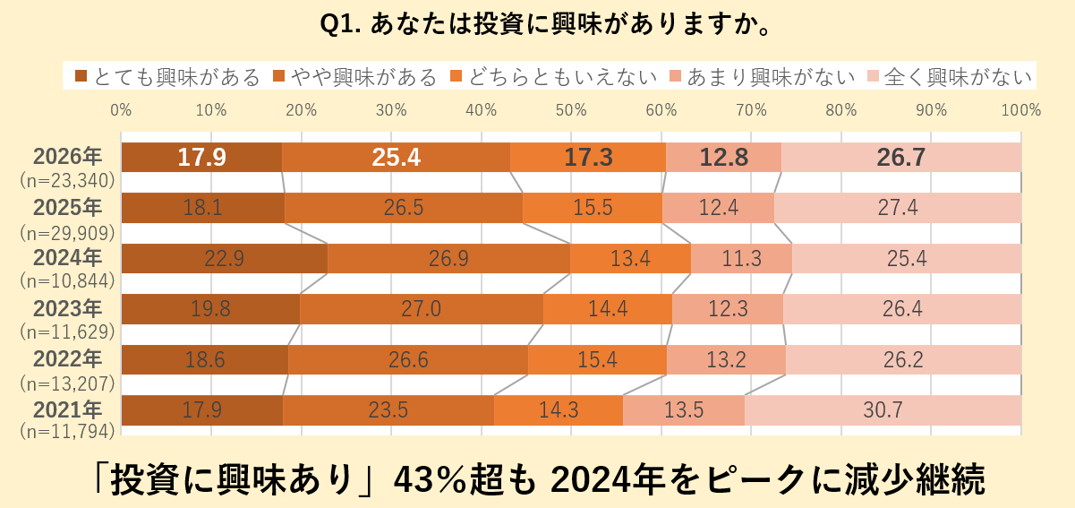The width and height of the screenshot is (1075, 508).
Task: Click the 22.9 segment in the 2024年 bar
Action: [x=224, y=259]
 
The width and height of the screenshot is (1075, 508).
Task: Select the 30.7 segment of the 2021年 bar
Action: [x=883, y=410]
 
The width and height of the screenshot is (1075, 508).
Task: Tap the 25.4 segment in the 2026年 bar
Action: [x=396, y=158]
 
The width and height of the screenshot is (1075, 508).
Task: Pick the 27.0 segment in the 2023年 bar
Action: [x=421, y=309]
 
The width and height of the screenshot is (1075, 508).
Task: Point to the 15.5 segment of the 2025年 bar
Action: [x=593, y=208]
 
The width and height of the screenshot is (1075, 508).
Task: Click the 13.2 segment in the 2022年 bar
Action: [x=726, y=360]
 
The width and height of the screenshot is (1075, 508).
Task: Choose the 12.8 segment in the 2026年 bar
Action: [x=723, y=158]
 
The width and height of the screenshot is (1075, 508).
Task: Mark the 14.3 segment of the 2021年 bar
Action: [x=558, y=410]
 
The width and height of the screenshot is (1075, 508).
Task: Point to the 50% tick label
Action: [x=571, y=111]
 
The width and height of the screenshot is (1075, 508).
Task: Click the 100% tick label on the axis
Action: [x=1021, y=111]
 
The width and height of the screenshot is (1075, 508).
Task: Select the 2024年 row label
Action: [x=67, y=258]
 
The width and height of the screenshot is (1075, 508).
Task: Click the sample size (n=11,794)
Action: [x=67, y=433]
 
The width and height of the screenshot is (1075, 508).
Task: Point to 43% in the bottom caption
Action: [x=425, y=481]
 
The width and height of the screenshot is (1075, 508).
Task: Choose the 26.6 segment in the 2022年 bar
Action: [x=408, y=360]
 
